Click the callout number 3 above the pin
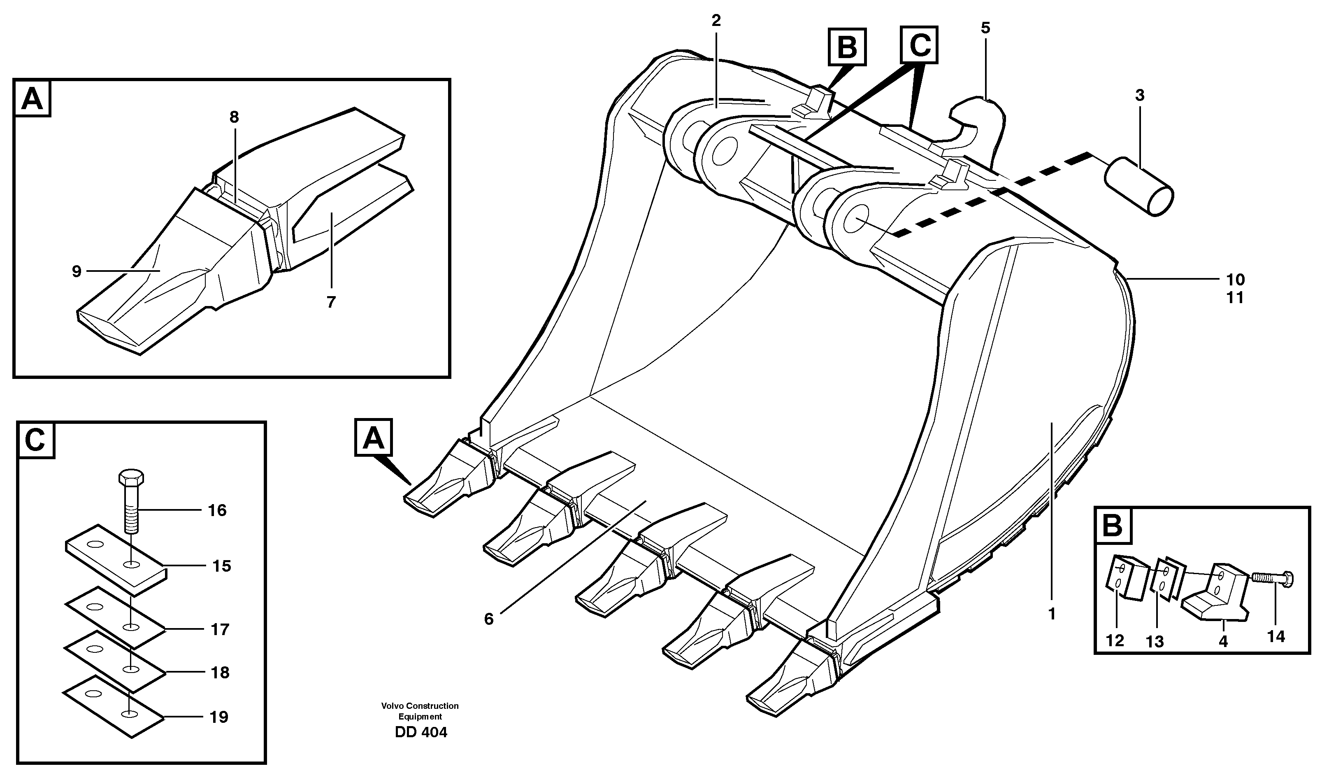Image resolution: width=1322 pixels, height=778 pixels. (x=1139, y=96)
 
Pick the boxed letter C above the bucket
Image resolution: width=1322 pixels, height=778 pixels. (x=919, y=45)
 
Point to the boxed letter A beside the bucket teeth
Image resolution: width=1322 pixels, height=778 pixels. (x=374, y=437)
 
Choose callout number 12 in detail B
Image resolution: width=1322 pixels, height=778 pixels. (x=1115, y=640)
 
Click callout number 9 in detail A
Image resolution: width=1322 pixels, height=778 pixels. (x=77, y=271)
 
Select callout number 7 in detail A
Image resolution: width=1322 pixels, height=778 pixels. (x=330, y=302)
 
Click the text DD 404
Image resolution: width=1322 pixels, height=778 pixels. (x=421, y=732)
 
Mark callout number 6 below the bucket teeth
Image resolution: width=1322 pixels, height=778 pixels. (x=488, y=619)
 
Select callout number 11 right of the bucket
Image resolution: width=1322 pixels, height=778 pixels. (x=1236, y=298)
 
